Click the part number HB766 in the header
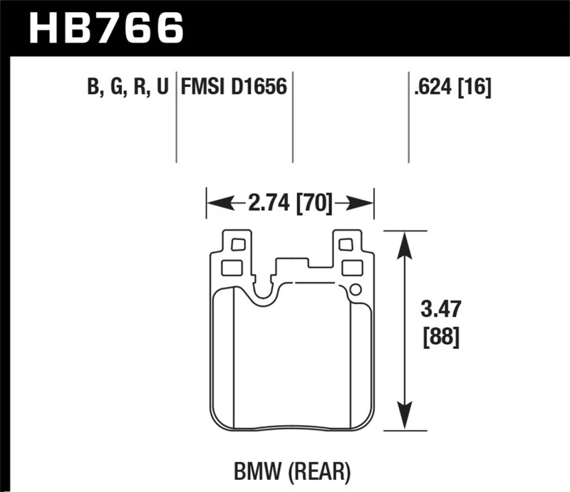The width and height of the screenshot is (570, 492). pyautogui.click(x=106, y=29)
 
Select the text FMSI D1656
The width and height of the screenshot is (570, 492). pyautogui.click(x=234, y=88)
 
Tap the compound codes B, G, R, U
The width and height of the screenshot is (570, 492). pyautogui.click(x=128, y=88)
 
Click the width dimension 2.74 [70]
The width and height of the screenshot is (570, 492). pyautogui.click(x=291, y=205)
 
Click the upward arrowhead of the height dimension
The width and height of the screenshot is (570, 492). pyautogui.click(x=404, y=242)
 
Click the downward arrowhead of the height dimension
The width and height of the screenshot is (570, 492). pyautogui.click(x=404, y=419)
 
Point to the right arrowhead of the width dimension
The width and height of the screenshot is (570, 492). pyautogui.click(x=364, y=205)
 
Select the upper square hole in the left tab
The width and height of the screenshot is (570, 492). pyautogui.click(x=237, y=245)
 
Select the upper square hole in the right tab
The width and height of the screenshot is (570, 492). pyautogui.click(x=346, y=245)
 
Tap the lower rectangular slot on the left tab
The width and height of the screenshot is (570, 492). pyautogui.click(x=232, y=268)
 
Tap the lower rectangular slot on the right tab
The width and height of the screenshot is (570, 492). pyautogui.click(x=352, y=268)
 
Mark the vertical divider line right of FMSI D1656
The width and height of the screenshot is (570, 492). pyautogui.click(x=293, y=117)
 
